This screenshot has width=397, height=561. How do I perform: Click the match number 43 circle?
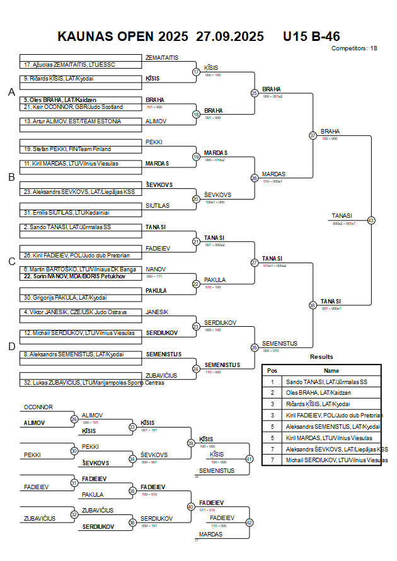(x=371, y=220)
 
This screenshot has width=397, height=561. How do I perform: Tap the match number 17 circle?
(x=196, y=72)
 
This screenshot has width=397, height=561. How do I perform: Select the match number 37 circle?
(x=313, y=135)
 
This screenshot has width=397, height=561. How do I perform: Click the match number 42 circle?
(x=249, y=522)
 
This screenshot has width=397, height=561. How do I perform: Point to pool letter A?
(x=11, y=93)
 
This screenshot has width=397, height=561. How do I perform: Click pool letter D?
(x=11, y=346)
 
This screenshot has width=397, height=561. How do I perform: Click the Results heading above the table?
(x=321, y=357)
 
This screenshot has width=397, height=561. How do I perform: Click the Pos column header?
(x=272, y=371)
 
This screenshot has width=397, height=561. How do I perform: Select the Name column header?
(x=331, y=371)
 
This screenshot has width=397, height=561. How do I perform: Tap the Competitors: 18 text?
(x=354, y=48)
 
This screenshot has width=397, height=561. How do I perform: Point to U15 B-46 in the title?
(x=311, y=36)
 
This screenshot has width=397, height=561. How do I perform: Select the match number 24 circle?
(x=196, y=368)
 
